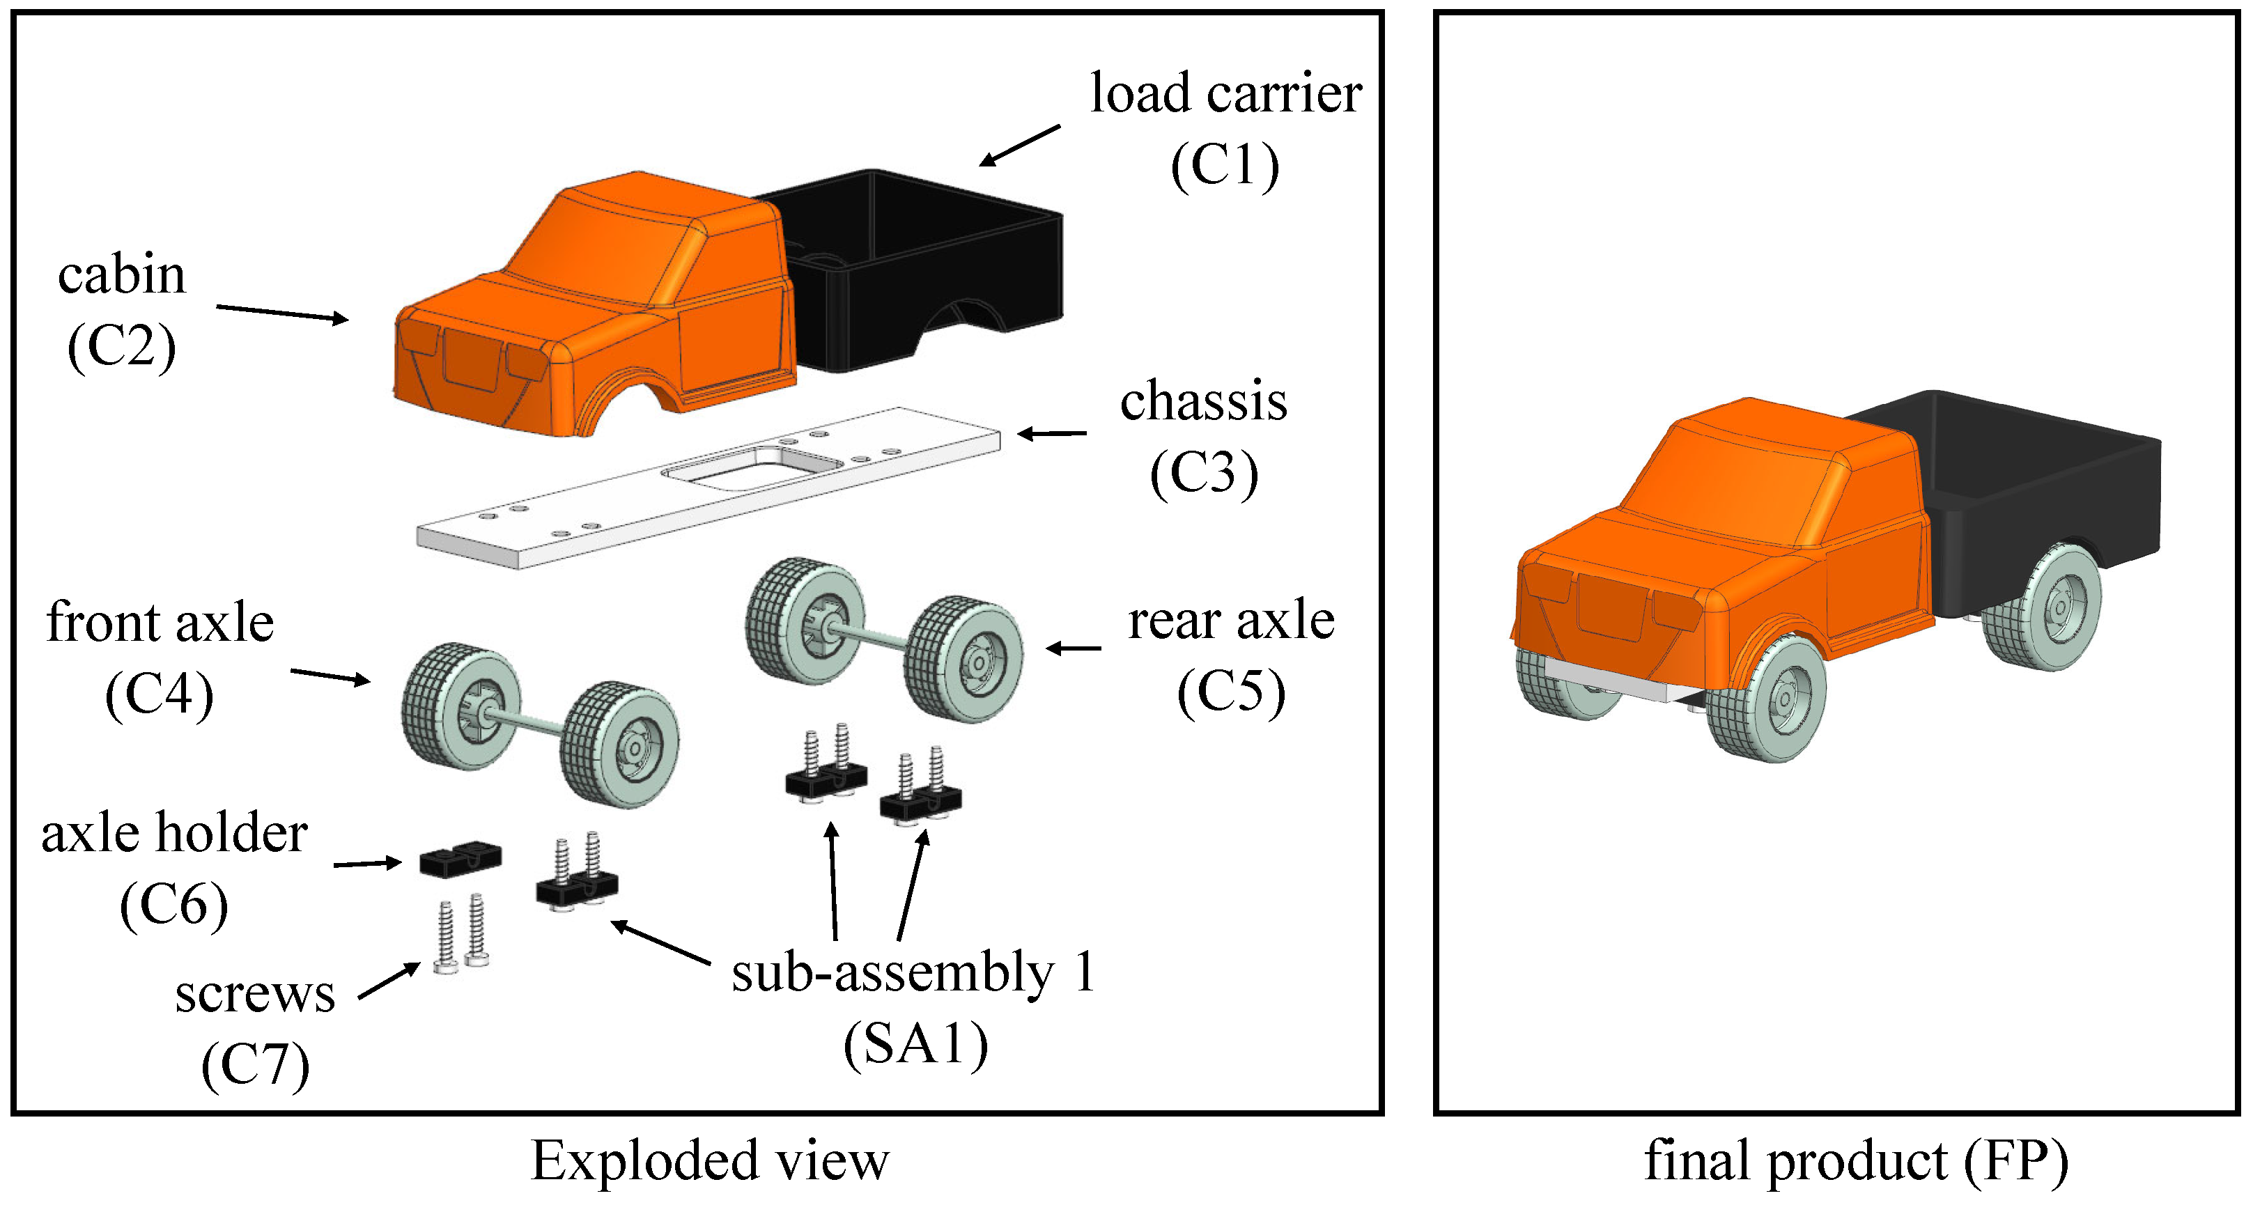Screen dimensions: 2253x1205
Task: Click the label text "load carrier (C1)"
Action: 1225,129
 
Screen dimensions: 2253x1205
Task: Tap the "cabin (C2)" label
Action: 122,311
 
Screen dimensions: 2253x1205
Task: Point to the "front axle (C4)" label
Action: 160,658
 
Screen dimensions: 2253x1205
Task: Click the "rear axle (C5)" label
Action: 1232,657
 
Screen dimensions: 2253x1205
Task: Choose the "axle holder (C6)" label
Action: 174,869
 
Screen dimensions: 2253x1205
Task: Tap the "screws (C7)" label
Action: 256,1029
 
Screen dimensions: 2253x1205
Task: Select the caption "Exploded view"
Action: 709,1161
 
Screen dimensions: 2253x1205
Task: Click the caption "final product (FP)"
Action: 1856,1161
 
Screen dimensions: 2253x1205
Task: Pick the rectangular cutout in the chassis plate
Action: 751,466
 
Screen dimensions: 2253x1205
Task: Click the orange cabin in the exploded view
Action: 595,306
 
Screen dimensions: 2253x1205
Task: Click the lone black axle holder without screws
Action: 460,859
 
